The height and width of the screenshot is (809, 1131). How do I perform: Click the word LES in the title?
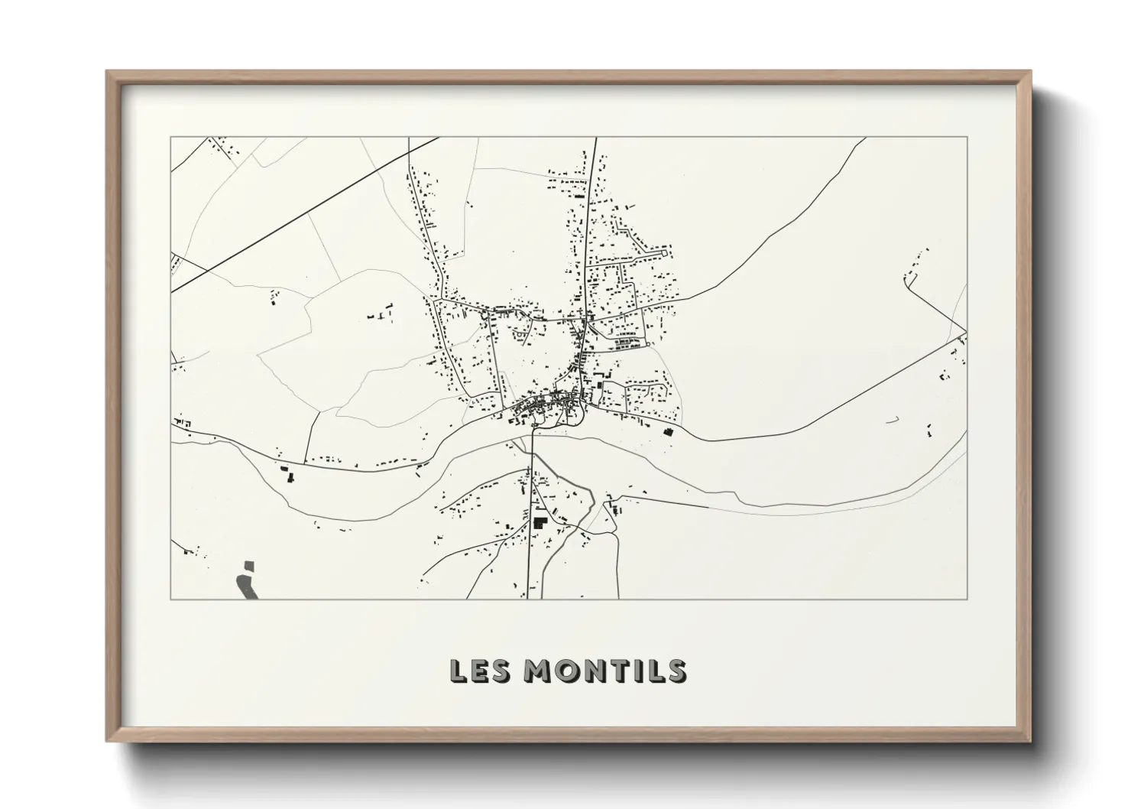[x=477, y=671]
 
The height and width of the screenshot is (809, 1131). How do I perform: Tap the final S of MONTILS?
[x=676, y=671]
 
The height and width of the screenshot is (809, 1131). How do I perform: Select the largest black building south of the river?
[x=540, y=524]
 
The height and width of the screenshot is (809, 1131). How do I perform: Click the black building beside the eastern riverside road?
[x=669, y=432]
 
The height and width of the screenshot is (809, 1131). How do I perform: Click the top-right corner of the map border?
[x=967, y=137]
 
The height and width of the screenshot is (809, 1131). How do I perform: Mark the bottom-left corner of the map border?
[x=170, y=599]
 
